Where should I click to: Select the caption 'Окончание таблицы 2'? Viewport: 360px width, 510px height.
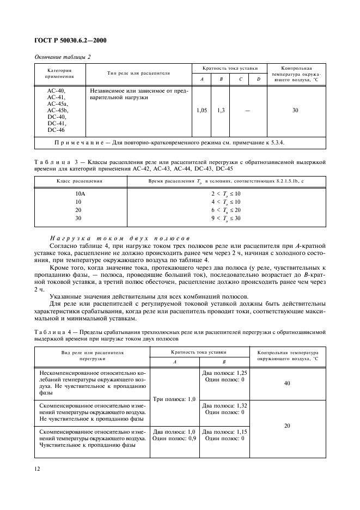pos(62,57)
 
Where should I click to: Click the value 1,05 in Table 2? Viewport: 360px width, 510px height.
pos(202,111)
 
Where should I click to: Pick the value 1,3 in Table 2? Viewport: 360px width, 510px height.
pos(221,111)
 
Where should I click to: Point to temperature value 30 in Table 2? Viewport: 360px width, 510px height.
pos(295,111)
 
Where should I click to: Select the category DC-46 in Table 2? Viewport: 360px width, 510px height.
pos(56,130)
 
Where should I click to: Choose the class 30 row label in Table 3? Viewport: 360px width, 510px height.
pos(78,218)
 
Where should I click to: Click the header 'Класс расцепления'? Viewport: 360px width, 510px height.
pos(80,181)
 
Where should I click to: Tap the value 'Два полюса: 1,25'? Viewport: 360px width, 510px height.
pos(224,373)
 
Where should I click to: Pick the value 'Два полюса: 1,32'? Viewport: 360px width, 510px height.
pos(224,406)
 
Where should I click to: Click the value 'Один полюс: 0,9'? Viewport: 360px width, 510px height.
pos(175,438)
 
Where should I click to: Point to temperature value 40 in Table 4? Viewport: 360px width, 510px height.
pos(287,384)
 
